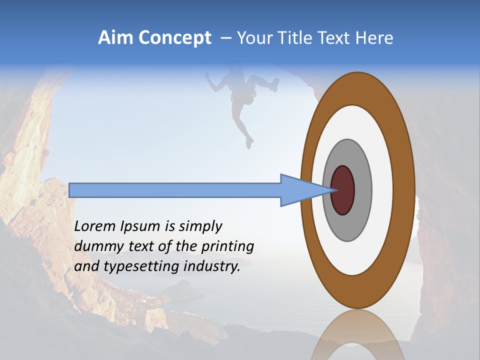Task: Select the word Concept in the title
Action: coord(175,38)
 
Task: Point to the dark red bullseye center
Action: coord(343,190)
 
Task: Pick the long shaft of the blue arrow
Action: coord(175,190)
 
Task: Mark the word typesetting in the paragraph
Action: coord(142,267)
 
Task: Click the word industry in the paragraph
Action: coord(212,267)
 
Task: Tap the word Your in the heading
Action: coord(253,38)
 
